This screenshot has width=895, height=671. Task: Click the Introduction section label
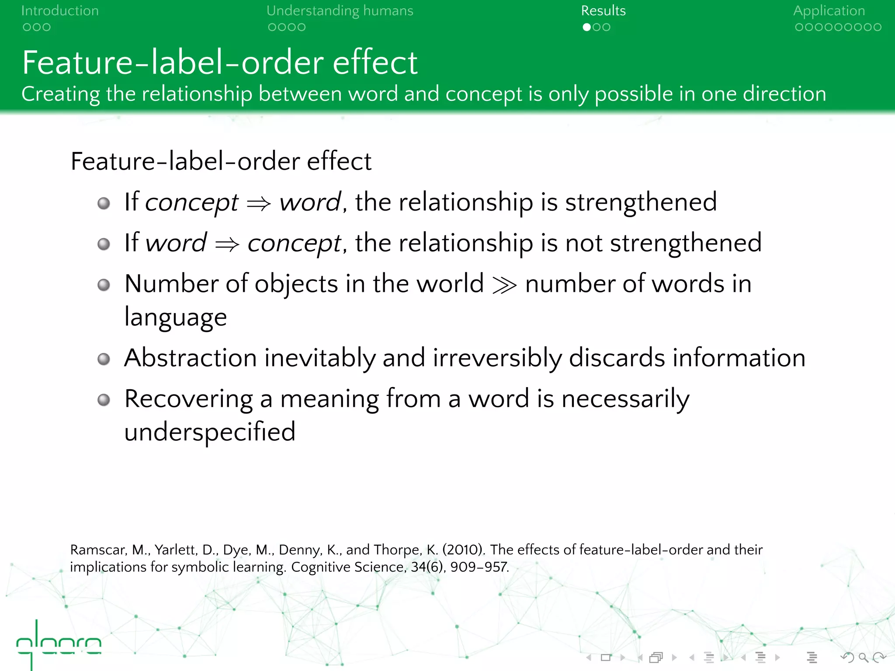point(60,11)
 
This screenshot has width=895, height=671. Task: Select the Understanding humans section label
point(340,11)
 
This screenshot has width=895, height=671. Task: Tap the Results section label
point(603,11)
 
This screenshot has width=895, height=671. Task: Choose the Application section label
point(829,11)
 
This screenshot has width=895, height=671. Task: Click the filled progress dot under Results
point(586,27)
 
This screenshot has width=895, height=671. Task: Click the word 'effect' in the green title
point(375,62)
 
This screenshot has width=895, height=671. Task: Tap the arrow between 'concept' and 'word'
point(259,203)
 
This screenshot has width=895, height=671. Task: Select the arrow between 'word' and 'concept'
point(227,244)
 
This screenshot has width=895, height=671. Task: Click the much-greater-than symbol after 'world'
point(504,285)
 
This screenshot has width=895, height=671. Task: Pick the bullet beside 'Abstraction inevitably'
point(104,359)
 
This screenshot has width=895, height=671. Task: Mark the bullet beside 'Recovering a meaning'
point(104,400)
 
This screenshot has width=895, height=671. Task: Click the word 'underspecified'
point(210,432)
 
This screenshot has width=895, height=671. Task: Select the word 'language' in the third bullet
point(176,318)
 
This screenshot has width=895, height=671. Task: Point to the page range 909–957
point(479,567)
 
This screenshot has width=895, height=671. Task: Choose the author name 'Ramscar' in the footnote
point(98,550)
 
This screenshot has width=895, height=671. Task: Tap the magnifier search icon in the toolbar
point(863,657)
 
